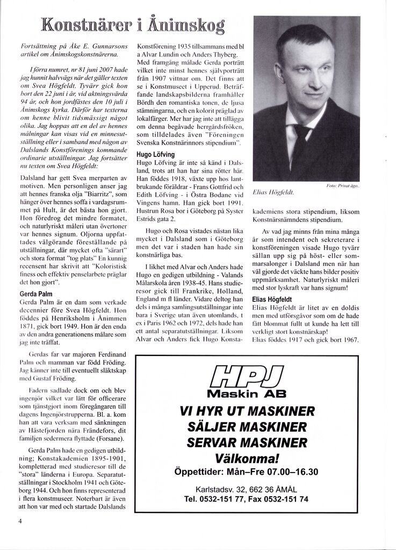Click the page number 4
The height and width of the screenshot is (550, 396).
19,520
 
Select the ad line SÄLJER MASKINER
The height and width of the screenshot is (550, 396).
247,428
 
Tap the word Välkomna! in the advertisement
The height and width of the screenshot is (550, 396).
247,459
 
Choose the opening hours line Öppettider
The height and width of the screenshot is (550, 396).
247,472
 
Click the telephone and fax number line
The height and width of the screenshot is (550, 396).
247,499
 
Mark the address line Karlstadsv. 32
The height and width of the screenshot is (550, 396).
247,490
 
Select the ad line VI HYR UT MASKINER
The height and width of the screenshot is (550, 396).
247,412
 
